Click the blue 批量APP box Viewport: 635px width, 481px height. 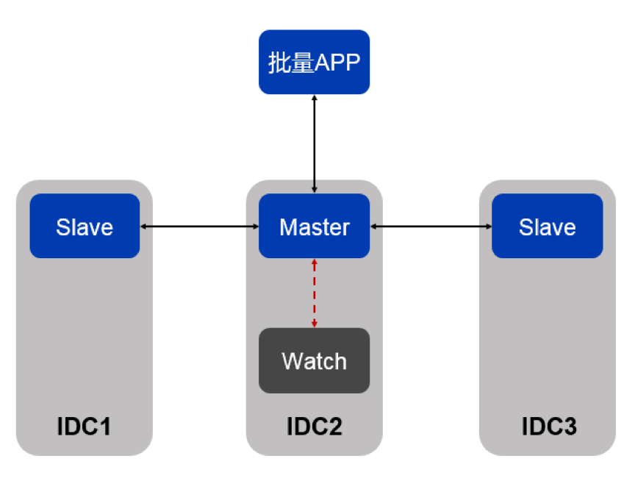pyautogui.click(x=314, y=62)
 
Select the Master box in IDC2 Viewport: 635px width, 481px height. pyautogui.click(x=314, y=226)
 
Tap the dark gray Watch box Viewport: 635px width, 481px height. pyautogui.click(x=314, y=360)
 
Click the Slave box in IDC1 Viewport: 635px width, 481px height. pyautogui.click(x=85, y=226)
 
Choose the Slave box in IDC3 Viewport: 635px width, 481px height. pyautogui.click(x=547, y=226)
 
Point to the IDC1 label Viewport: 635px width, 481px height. pyautogui.click(x=84, y=426)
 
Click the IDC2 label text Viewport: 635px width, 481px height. pyautogui.click(x=314, y=426)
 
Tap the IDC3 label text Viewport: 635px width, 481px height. pyautogui.click(x=548, y=426)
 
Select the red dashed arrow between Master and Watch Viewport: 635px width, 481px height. pyautogui.click(x=315, y=293)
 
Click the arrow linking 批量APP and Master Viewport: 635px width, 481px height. pyautogui.click(x=315, y=144)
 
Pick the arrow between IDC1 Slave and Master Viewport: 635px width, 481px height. pyautogui.click(x=199, y=227)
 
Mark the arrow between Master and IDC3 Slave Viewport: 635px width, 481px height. pyautogui.click(x=431, y=227)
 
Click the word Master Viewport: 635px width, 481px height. pyautogui.click(x=314, y=227)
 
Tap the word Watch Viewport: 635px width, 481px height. pyautogui.click(x=314, y=361)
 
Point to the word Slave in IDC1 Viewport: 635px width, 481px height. pyautogui.click(x=85, y=227)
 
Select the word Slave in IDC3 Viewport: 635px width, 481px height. pyautogui.click(x=547, y=227)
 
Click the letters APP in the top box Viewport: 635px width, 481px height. pyautogui.click(x=337, y=63)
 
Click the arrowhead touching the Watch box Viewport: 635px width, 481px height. pyautogui.click(x=315, y=324)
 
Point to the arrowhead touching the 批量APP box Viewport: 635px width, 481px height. pyautogui.click(x=315, y=98)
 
